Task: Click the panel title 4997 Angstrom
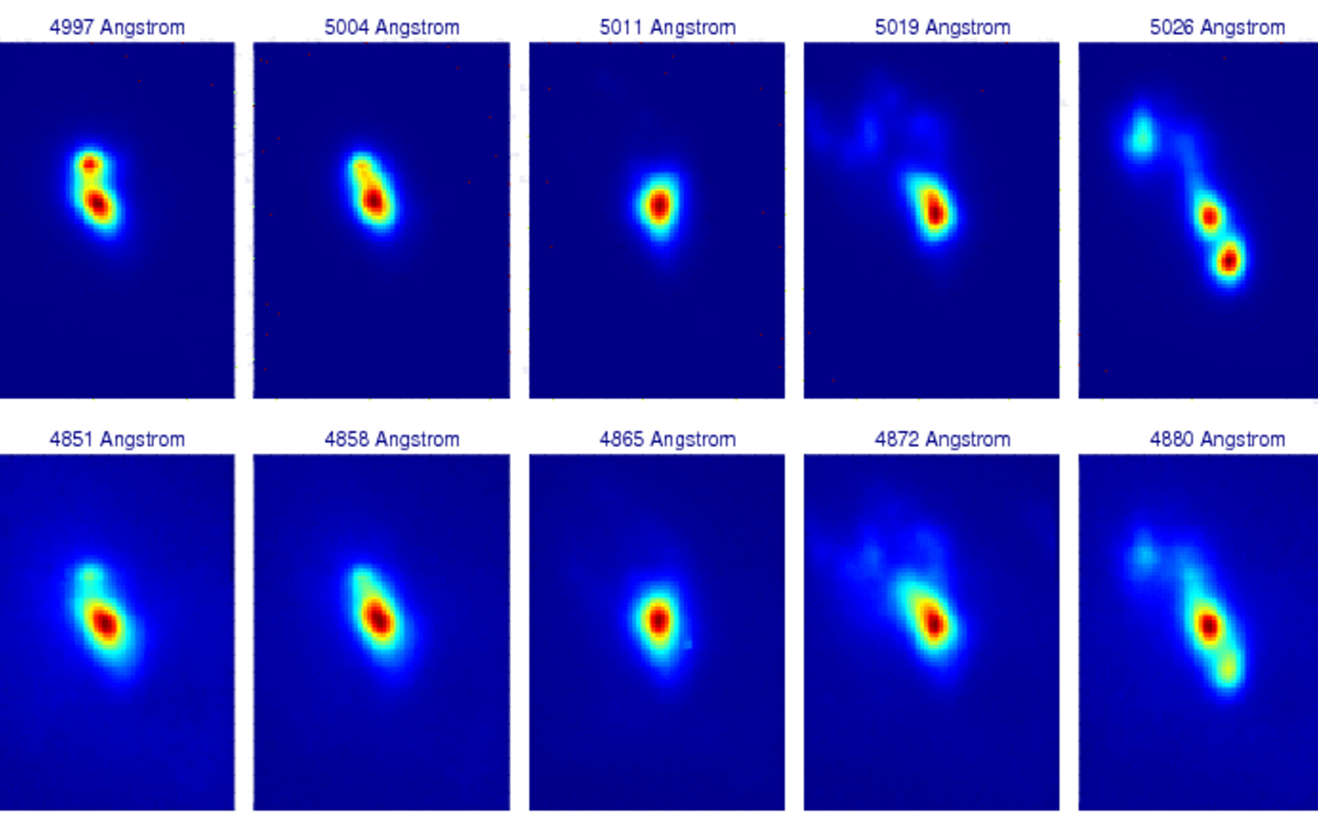[x=117, y=27]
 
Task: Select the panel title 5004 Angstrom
[x=392, y=27]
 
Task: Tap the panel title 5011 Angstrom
[x=667, y=27]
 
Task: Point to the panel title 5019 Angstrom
[x=943, y=27]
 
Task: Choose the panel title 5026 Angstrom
[x=1217, y=27]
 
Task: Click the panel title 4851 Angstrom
[x=117, y=439]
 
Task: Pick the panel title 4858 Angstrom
[x=392, y=439]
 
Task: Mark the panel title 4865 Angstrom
[x=667, y=439]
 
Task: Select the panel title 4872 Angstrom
[x=943, y=439]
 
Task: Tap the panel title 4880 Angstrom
[x=1217, y=439]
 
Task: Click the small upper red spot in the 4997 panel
[x=90, y=165]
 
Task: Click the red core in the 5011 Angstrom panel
[x=659, y=205]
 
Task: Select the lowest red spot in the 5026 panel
[x=1229, y=260]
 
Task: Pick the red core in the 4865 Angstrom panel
[x=659, y=620]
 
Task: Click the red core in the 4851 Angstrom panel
[x=105, y=623]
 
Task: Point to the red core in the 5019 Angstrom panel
[x=934, y=211]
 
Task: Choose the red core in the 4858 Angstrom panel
[x=378, y=618]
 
